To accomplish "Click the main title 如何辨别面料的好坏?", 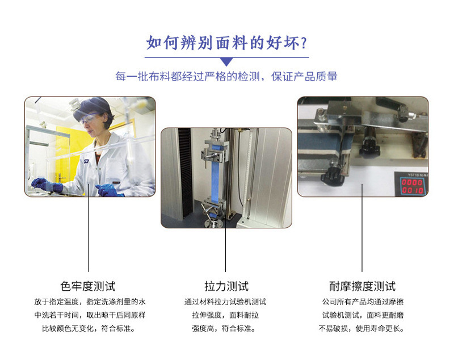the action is click(226, 43).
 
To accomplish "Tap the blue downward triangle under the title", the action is click(226, 61).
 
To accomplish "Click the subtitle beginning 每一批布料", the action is click(226, 77).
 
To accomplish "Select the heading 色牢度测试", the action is click(88, 286).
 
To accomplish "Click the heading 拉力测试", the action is click(226, 286).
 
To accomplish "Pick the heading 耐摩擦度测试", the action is click(362, 286).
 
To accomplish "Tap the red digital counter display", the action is click(413, 186).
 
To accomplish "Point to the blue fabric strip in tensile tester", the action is click(216, 179).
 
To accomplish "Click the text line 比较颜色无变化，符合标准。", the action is click(89, 328).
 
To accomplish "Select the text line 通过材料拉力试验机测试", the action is click(225, 302).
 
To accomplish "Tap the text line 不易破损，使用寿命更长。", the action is click(361, 328).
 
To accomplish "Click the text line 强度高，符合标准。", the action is click(224, 328).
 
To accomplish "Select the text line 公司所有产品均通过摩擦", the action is click(363, 302).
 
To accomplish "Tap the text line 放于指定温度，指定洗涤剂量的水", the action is click(90, 302).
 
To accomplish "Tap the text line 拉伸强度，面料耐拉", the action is click(225, 315).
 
